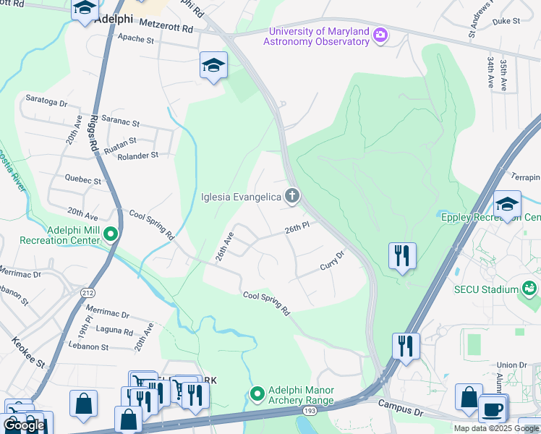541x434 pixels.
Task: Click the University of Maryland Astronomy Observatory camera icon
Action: click(x=380, y=35)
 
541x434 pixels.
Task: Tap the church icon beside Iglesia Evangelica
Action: click(x=291, y=196)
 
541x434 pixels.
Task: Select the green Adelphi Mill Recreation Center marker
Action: click(x=111, y=234)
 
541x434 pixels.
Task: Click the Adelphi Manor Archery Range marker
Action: click(x=257, y=394)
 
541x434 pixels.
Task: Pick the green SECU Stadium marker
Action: click(x=530, y=289)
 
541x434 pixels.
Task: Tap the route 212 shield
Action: click(x=88, y=293)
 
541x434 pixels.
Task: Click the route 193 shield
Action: click(x=310, y=411)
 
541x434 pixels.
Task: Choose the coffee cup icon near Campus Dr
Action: click(x=493, y=408)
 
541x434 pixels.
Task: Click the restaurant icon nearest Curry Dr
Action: click(x=402, y=255)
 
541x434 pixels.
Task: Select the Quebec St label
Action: click(x=83, y=179)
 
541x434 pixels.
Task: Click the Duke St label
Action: click(x=506, y=22)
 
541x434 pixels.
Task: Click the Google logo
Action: click(x=24, y=425)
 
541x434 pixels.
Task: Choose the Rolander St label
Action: click(x=137, y=156)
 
